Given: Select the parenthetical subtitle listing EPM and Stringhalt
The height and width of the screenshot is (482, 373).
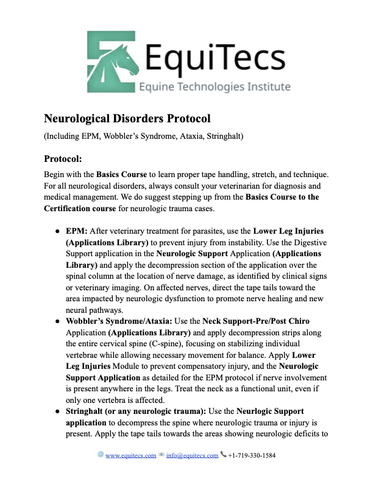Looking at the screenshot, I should coord(143,136).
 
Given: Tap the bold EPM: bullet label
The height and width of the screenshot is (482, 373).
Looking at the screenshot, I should coord(77,231).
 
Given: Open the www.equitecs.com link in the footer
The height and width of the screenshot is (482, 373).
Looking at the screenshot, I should coord(130,455).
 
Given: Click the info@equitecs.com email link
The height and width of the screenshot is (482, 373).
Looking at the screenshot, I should coord(192,455).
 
